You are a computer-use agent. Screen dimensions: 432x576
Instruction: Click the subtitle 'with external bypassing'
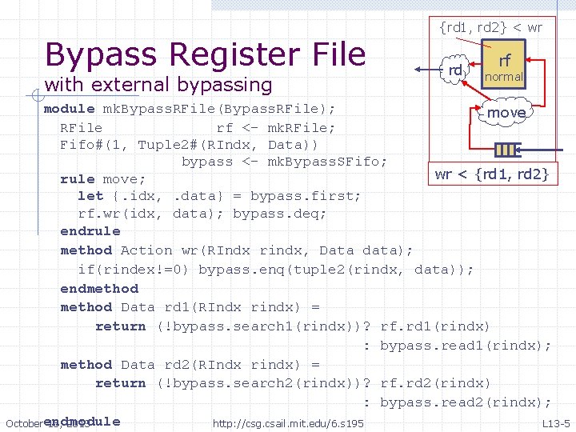pyautogui.click(x=158, y=84)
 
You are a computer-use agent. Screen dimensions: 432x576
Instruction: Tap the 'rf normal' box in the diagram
pyautogui.click(x=504, y=68)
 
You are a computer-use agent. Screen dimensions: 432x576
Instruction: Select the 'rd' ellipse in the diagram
pyautogui.click(x=455, y=70)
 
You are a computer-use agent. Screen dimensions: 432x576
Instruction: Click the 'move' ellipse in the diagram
pyautogui.click(x=506, y=113)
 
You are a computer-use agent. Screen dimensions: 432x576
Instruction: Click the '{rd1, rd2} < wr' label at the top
pyautogui.click(x=490, y=27)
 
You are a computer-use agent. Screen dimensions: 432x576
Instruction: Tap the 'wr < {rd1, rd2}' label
pyautogui.click(x=490, y=174)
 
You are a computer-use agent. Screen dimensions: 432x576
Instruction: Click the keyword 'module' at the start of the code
pyautogui.click(x=69, y=109)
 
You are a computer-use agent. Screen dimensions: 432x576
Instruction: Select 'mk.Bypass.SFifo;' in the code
pyautogui.click(x=326, y=161)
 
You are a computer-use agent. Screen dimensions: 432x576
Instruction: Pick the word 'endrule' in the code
pyautogui.click(x=90, y=231)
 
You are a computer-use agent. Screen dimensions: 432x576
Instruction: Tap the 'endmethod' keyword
pyautogui.click(x=99, y=289)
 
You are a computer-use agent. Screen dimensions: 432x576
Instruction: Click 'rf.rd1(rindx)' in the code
pyautogui.click(x=434, y=326)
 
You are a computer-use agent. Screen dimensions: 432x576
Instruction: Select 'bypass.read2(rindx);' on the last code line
pyautogui.click(x=465, y=402)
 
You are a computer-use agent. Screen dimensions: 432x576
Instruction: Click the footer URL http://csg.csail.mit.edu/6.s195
pyautogui.click(x=288, y=422)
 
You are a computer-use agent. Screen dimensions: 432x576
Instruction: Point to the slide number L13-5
pyautogui.click(x=555, y=423)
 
